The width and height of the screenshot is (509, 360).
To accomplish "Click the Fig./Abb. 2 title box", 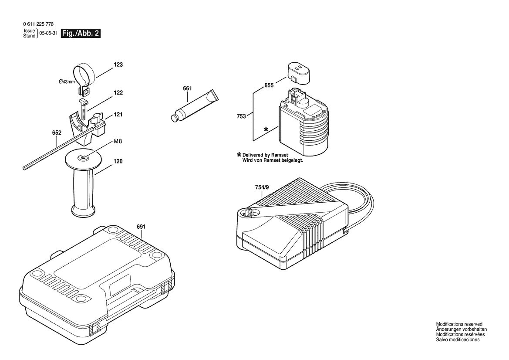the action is (x=81, y=33).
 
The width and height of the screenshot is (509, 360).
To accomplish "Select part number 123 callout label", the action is (x=118, y=65).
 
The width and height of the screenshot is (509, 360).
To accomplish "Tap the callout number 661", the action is (x=187, y=88).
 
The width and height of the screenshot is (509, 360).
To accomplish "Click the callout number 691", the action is (x=141, y=227).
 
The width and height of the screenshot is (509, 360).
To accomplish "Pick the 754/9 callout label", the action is (x=262, y=187).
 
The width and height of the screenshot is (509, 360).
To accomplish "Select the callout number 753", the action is (x=241, y=116).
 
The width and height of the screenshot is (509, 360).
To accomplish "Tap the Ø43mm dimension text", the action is (x=67, y=82).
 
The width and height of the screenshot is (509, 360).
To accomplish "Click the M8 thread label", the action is (x=118, y=142).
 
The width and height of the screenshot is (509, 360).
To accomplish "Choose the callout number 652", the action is (x=57, y=133).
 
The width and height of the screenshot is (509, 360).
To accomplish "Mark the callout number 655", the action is (x=269, y=85).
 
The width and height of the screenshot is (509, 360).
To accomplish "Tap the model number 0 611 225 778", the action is (x=38, y=24).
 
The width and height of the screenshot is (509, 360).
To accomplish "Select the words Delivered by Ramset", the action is (x=265, y=155).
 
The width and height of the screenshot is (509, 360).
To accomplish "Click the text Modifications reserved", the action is (x=459, y=324).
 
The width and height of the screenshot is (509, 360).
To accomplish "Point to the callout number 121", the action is (x=118, y=115).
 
